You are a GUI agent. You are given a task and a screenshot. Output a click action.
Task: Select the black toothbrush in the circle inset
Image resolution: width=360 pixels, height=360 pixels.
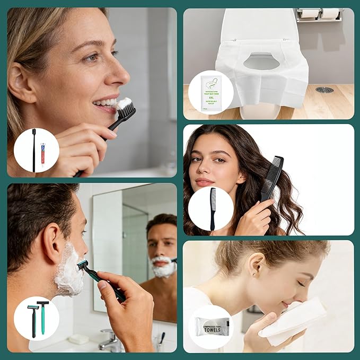click(34, 150)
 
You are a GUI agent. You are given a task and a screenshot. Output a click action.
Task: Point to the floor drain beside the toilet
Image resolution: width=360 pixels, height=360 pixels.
click(324, 90)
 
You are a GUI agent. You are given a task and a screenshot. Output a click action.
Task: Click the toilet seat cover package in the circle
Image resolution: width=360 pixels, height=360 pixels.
click(210, 92)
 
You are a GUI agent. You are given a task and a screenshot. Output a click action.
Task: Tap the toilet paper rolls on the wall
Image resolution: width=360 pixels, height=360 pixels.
click(321, 14)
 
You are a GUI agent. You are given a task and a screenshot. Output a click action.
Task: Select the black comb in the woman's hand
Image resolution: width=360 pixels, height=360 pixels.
click(271, 178)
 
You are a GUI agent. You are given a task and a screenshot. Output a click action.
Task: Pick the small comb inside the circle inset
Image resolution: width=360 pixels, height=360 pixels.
click(213, 208)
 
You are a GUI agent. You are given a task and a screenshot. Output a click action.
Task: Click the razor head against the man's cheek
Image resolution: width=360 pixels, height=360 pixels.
click(83, 264)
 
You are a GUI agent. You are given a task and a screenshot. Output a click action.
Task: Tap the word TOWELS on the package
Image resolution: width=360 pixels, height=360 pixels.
click(212, 329)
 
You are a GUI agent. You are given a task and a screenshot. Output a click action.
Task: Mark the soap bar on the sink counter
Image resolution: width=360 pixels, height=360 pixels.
click(79, 338)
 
